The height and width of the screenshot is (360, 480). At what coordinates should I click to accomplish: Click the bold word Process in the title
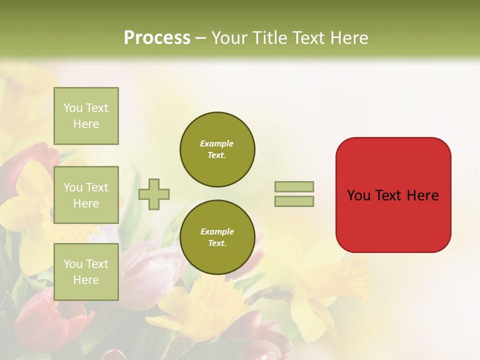[157, 37]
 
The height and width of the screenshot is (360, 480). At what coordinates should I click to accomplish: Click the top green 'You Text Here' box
[86, 116]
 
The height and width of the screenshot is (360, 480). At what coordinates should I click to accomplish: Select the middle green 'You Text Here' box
[86, 195]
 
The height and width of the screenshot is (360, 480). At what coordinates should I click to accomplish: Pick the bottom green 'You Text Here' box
[86, 272]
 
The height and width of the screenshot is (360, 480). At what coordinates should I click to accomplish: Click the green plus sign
[154, 194]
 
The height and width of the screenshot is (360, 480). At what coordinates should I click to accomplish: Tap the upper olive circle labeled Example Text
[217, 149]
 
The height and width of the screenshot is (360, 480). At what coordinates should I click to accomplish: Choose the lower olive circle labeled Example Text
[217, 237]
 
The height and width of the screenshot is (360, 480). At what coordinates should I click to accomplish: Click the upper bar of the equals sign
[294, 187]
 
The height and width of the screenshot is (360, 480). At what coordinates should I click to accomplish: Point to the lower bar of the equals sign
[294, 201]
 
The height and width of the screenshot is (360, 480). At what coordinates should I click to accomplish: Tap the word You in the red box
[358, 195]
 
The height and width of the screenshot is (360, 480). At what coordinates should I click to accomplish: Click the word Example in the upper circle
[217, 143]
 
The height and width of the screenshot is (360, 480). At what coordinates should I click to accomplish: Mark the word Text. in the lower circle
[217, 243]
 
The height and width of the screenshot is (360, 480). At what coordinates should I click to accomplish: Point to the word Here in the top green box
[86, 124]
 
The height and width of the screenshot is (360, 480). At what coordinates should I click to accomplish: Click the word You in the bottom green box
[73, 264]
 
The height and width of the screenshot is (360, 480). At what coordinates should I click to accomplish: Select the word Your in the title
[229, 37]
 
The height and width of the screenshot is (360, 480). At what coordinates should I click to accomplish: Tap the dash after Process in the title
[200, 38]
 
